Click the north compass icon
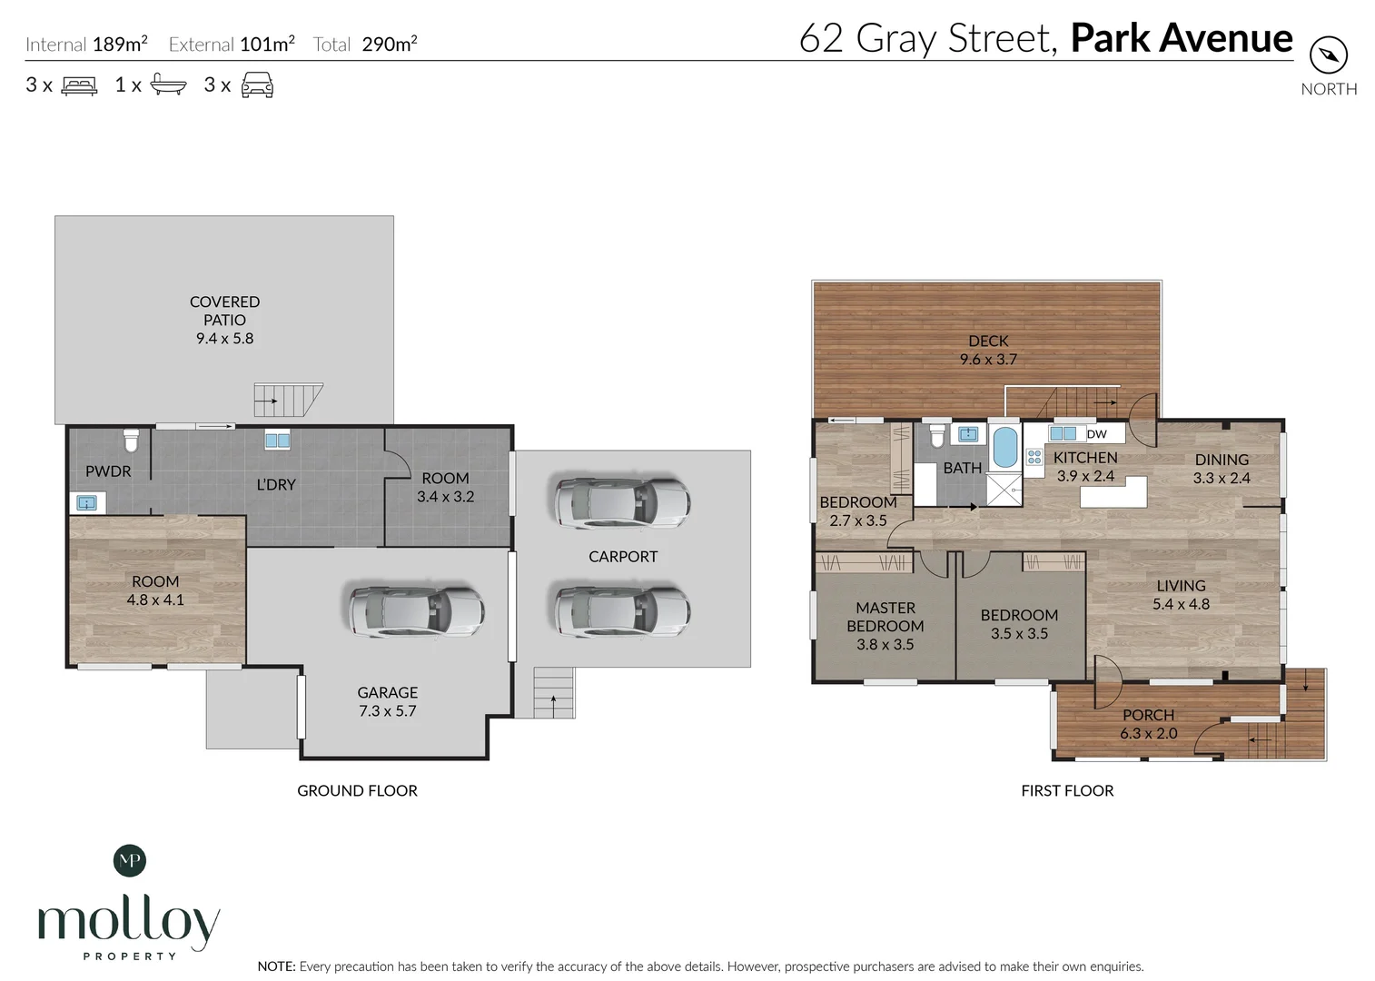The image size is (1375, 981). click(x=1329, y=55)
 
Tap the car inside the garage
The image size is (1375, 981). click(x=417, y=611)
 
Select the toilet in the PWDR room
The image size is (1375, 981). click(x=132, y=441)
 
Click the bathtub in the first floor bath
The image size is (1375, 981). click(x=1004, y=448)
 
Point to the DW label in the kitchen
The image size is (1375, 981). click(x=1096, y=434)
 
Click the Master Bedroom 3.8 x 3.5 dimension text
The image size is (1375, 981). click(x=885, y=645)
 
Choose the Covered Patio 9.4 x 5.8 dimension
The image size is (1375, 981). click(x=224, y=338)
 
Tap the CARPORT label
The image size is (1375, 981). click(x=623, y=557)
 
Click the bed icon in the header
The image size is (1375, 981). click(x=79, y=85)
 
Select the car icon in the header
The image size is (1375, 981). click(x=258, y=84)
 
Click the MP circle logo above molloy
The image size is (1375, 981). click(x=130, y=860)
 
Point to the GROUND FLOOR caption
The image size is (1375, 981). click(x=357, y=790)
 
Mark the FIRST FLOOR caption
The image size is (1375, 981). click(x=1067, y=790)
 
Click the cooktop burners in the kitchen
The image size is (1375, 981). click(x=1034, y=457)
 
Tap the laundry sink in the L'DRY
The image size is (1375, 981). click(x=278, y=441)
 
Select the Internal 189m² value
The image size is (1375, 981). click(x=120, y=44)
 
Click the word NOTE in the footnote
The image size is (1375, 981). click(x=276, y=966)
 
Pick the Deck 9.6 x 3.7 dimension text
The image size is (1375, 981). click(x=988, y=359)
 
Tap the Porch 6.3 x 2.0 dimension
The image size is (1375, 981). click(x=1149, y=734)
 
